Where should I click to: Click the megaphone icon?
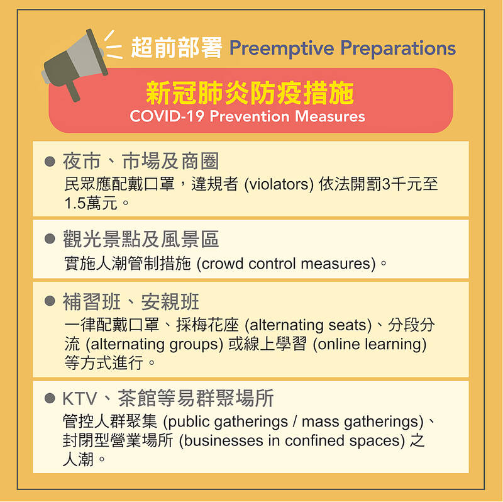coord(74,64)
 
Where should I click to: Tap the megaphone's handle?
coord(72,91)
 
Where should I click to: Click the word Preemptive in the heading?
coord(282,48)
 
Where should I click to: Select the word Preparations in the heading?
coord(398,48)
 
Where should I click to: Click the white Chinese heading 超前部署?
coord(177,48)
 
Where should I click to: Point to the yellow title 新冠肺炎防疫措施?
coord(250,92)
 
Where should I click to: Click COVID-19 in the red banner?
coord(167,116)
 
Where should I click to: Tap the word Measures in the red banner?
coord(329,116)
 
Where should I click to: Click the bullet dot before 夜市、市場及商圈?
coord(50,161)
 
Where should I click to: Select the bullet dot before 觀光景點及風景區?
coord(50,238)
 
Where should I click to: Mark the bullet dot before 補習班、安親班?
coord(50,301)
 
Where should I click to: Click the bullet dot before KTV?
coord(50,398)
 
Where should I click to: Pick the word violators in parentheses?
coord(279,184)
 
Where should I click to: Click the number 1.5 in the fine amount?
coord(75,203)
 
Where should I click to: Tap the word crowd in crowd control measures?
coord(223,264)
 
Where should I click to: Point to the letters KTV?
coord(80,399)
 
